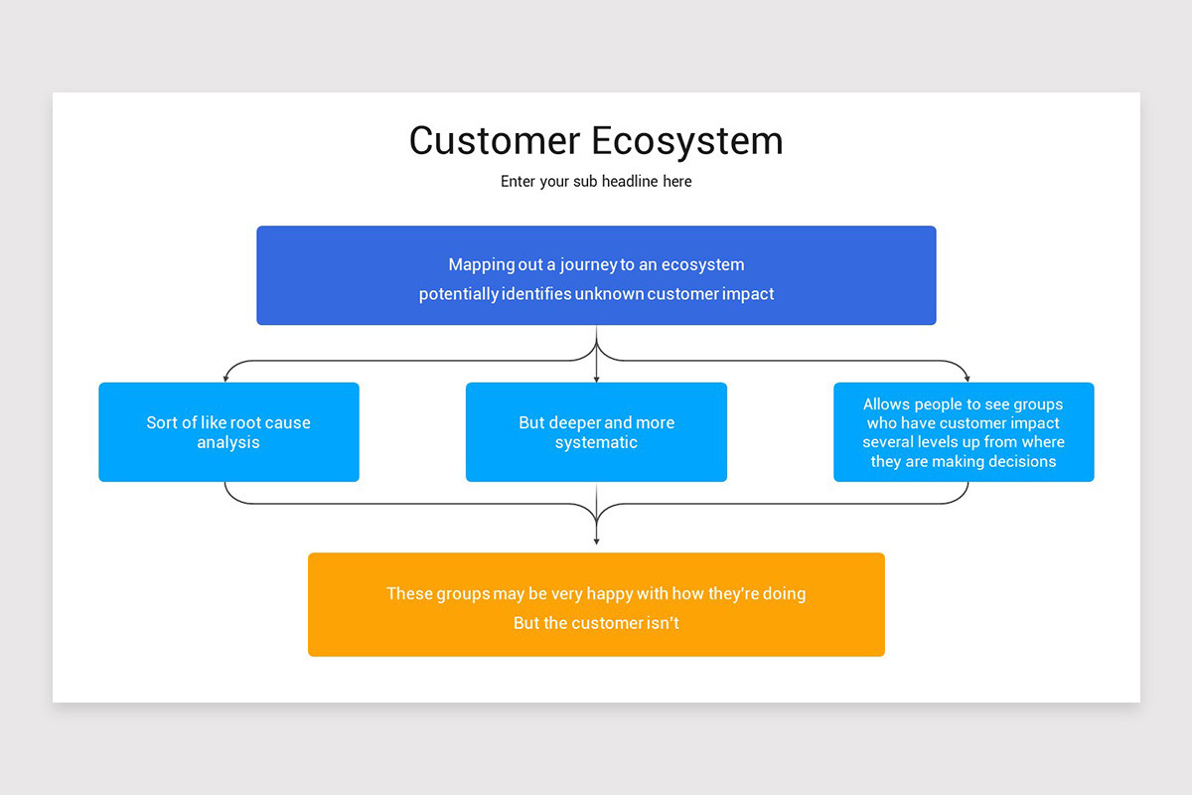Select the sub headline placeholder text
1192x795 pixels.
(596, 182)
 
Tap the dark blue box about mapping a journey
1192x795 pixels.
(596, 275)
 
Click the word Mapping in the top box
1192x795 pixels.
(482, 264)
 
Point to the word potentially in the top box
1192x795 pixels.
(458, 294)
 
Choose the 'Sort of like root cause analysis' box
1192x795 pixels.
(228, 432)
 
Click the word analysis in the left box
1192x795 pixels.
(228, 443)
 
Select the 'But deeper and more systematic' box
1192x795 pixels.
(596, 432)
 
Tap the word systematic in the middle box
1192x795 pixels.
(596, 443)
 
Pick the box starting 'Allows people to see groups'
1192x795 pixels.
(964, 432)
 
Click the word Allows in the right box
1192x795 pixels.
(886, 404)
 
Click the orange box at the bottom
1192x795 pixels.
(596, 604)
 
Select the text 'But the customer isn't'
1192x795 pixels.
(596, 623)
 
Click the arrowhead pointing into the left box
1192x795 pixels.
(226, 378)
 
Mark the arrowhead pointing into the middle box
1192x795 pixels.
(596, 378)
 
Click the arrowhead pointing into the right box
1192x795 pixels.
(967, 378)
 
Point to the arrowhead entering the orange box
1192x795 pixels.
(596, 541)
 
